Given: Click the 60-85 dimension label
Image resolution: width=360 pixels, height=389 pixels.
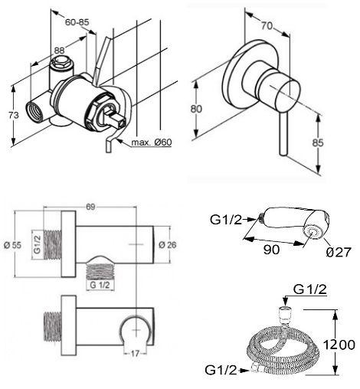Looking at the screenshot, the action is click(x=77, y=22).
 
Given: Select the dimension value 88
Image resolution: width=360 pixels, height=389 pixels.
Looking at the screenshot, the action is click(x=59, y=51).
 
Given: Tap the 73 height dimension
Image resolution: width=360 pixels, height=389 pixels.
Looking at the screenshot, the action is click(x=14, y=115).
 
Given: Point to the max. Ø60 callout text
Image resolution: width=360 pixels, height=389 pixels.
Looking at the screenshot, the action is click(x=152, y=142).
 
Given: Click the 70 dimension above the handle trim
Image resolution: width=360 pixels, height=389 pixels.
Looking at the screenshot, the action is click(x=267, y=26).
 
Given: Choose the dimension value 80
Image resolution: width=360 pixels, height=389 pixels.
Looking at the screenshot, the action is click(x=196, y=109).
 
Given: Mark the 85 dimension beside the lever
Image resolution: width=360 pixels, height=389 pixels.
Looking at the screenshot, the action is click(x=318, y=142).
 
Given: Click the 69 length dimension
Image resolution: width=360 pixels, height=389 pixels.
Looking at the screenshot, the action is click(x=90, y=207).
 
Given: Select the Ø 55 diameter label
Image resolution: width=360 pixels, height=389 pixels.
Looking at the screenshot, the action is click(x=13, y=245).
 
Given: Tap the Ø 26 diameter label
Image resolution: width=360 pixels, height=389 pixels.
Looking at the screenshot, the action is click(x=168, y=245).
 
